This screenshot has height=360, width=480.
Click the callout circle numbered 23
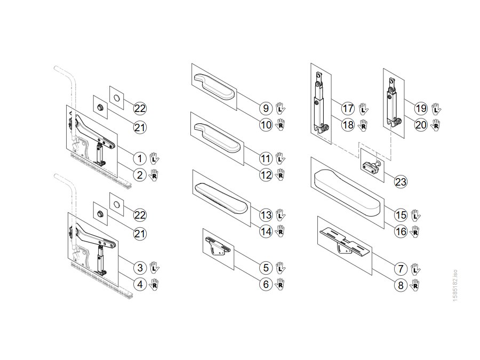tap(401, 182)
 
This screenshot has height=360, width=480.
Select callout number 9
tap(266, 108)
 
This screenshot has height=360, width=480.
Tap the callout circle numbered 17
tap(348, 108)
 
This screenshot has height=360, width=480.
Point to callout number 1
tap(140, 158)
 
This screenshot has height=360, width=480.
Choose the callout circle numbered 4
tap(140, 285)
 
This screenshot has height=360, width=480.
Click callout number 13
tap(266, 215)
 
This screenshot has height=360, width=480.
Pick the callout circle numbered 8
tap(401, 285)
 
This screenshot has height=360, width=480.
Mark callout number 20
tap(421, 125)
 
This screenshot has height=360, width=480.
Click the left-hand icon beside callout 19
tap(436, 109)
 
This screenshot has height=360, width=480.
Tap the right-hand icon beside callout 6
tap(279, 284)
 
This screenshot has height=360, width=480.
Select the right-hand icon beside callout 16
tap(415, 232)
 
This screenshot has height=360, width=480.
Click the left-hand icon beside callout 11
tap(280, 158)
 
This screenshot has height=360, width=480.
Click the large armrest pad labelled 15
tap(347, 193)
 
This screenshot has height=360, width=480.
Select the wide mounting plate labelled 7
tap(345, 243)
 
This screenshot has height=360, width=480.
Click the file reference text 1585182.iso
tap(455, 285)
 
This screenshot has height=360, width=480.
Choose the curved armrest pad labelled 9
tap(214, 86)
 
